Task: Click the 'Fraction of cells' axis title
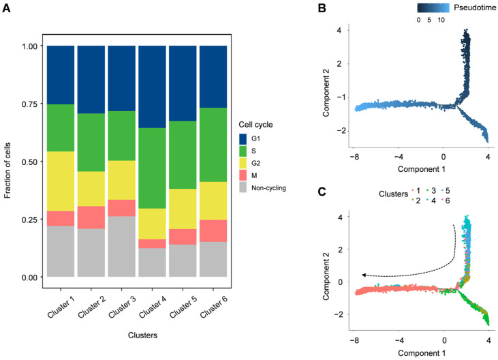(x=8, y=162)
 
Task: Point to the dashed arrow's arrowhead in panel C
(x=364, y=274)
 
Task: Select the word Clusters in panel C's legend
(x=393, y=194)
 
